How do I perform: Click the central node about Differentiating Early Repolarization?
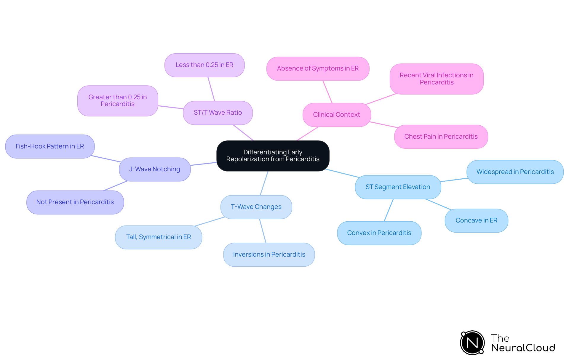pos(273,156)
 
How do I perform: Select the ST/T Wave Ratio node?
pos(218,113)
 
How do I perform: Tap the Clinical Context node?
pos(337,115)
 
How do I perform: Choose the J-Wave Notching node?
pos(155,169)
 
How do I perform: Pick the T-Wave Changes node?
pos(256,207)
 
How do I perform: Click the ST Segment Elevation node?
pos(398,187)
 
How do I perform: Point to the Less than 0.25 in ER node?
pos(204,65)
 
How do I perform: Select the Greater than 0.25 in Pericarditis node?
pos(118,101)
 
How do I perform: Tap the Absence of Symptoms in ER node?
pos(318,68)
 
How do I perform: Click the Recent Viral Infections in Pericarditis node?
pos(437,79)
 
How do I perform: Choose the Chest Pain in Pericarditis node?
pos(441,137)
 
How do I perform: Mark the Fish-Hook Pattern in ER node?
pos(50,146)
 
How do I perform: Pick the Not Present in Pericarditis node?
pos(75,202)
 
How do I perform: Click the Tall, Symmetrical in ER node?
pos(159,237)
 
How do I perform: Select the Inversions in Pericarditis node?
pos(269,255)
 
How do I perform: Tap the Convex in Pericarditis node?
pos(379,233)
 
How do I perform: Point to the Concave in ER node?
pos(476,220)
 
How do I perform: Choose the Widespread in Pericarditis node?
pos(515,172)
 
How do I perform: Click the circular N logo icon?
pos(472,343)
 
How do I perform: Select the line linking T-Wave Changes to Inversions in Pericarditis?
pos(263,231)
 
